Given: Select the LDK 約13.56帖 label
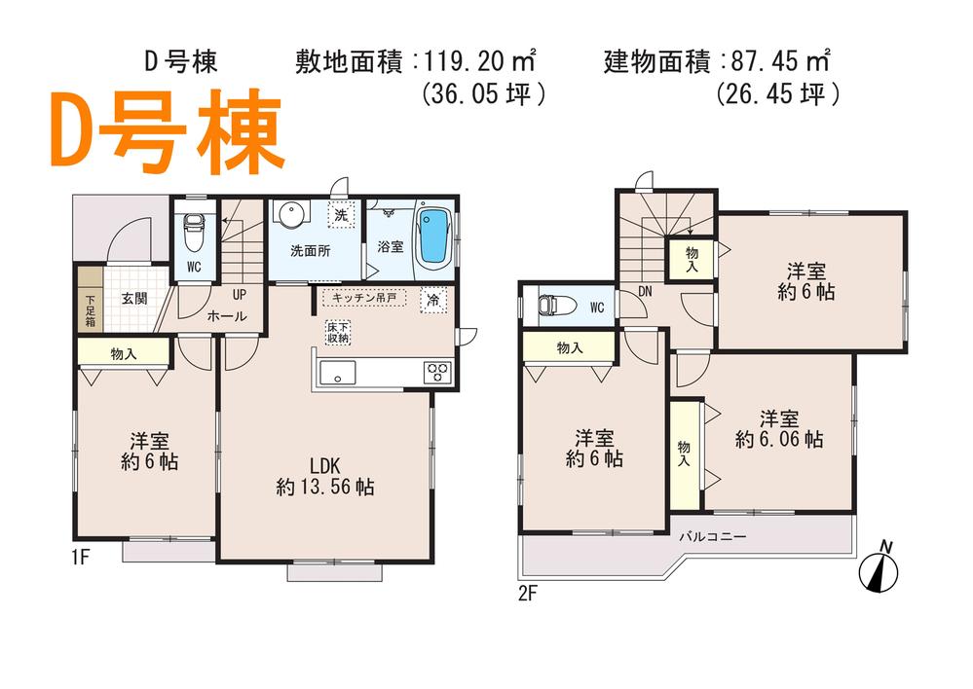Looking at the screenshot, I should pyautogui.click(x=324, y=475).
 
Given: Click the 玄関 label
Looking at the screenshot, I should pyautogui.click(x=134, y=299).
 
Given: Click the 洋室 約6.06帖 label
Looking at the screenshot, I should pyautogui.click(x=778, y=429).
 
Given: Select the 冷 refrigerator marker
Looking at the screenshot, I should pyautogui.click(x=430, y=301).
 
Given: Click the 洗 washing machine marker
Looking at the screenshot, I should pyautogui.click(x=341, y=214).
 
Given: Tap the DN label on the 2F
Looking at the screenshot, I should pyautogui.click(x=644, y=290).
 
